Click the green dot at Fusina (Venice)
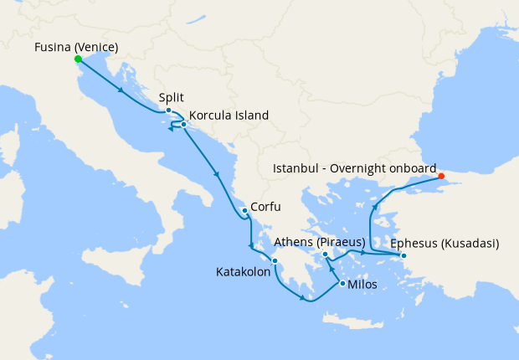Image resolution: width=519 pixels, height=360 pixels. [78, 59]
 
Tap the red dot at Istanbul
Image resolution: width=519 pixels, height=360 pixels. [441, 176]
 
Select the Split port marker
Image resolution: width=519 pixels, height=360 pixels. [168, 111]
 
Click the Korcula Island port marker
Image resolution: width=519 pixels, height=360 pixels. [183, 124]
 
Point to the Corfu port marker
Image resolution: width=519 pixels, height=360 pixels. [244, 210]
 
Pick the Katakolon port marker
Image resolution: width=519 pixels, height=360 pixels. [275, 261]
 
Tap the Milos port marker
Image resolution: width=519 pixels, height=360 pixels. [342, 284]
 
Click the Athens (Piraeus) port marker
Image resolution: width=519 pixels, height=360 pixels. [325, 254]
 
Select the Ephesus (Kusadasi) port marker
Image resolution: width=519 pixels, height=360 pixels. [403, 255]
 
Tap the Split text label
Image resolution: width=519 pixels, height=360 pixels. [171, 98]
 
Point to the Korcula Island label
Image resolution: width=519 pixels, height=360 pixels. [229, 116]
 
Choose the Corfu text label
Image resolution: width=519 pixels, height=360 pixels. [265, 207]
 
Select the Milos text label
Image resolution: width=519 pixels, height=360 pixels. [362, 285]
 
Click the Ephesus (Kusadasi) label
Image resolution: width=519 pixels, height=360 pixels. [444, 244]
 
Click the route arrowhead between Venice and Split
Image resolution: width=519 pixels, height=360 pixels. [122, 90]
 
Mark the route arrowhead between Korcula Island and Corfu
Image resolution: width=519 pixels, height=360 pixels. [218, 175]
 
